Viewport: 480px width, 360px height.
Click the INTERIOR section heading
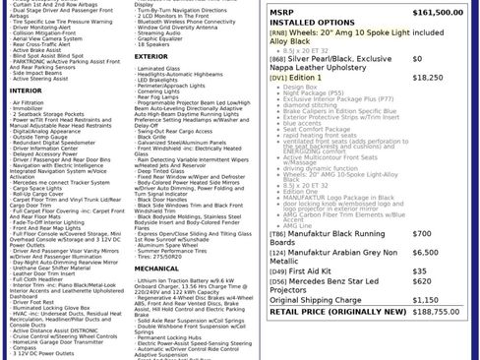coord(26,90)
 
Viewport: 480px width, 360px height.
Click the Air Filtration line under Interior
coord(29,101)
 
